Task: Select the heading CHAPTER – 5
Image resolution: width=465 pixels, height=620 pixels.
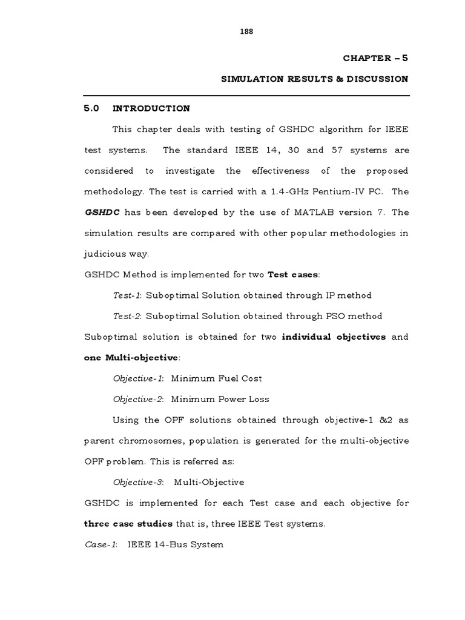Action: click(x=375, y=58)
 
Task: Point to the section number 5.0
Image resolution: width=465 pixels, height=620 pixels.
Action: click(x=91, y=108)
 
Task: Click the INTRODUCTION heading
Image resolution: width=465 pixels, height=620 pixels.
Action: click(x=151, y=108)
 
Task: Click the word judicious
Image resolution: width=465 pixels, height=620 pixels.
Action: click(x=104, y=254)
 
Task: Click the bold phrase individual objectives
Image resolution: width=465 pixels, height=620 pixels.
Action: click(x=334, y=337)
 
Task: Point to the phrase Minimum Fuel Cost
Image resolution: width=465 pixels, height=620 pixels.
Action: click(x=216, y=378)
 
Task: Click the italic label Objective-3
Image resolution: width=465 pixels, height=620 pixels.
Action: click(x=138, y=482)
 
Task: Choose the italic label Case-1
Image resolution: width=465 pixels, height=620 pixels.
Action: click(x=101, y=544)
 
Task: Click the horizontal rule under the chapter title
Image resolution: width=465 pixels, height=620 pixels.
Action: click(x=246, y=96)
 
